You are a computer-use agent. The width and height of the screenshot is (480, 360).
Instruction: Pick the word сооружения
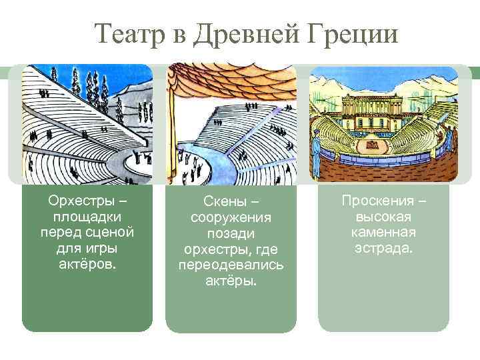231,218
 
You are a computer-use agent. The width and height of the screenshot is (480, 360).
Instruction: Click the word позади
231,233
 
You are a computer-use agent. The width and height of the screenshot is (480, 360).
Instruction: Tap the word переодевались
231,265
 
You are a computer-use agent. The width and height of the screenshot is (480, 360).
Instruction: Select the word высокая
383,217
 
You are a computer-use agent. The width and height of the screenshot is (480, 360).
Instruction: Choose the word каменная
383,232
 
